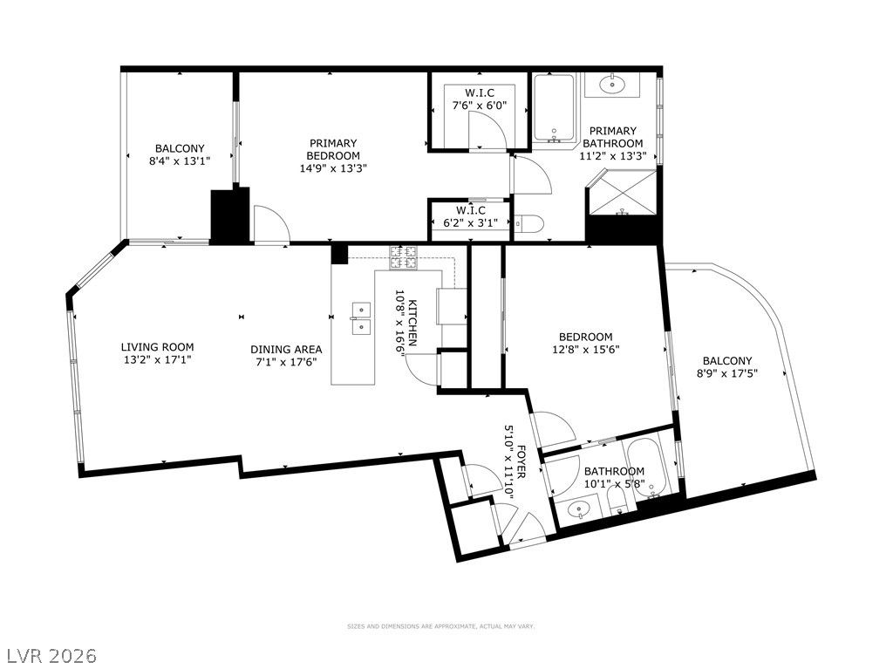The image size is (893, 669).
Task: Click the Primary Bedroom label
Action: point(333,149)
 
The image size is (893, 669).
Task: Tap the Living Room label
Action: point(157,347)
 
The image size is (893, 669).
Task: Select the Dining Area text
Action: point(286,349)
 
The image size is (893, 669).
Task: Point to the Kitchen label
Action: point(412,323)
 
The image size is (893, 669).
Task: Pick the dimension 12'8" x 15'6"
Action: point(586,349)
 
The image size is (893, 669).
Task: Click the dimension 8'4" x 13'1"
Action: point(180,161)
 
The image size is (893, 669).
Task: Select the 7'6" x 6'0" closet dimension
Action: point(480,106)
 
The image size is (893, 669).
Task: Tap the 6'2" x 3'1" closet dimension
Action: point(470,222)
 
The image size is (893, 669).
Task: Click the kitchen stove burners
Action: point(403,257)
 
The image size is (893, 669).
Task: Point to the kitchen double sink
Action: point(361,318)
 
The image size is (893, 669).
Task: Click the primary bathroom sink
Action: point(612,85)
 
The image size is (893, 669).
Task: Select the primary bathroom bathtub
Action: point(554,108)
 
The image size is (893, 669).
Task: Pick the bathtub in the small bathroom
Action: point(647,466)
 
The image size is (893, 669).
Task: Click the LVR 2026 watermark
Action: point(49,656)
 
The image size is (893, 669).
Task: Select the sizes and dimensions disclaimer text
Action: point(440,626)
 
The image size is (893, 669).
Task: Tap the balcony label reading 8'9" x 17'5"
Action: point(727,367)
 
